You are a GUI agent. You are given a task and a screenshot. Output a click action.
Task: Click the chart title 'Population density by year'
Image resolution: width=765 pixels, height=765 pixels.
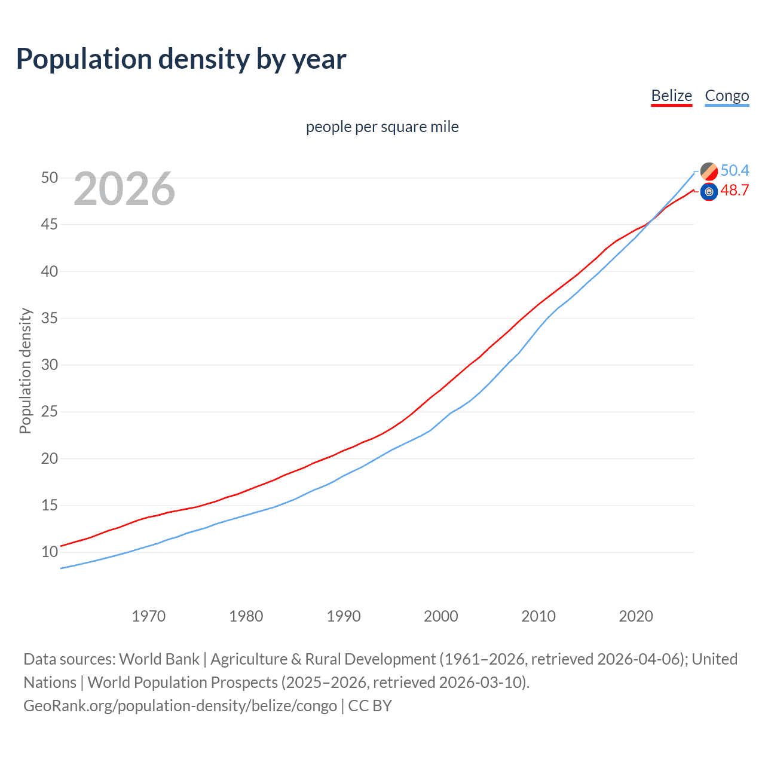pos(181,59)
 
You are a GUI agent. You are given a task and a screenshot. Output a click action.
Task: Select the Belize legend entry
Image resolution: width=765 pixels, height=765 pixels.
pos(671,96)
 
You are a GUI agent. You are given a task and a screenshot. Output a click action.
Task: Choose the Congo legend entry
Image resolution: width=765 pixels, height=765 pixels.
pos(727,96)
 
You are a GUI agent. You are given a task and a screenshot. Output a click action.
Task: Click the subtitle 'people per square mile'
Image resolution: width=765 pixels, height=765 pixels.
pos(382,127)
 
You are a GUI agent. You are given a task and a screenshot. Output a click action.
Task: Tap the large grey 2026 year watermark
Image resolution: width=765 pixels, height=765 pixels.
pos(124,189)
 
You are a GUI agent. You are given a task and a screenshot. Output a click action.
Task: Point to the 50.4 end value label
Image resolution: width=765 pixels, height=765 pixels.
pos(735,170)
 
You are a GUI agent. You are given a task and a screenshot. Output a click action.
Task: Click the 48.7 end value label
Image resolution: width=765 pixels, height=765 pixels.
pos(735,190)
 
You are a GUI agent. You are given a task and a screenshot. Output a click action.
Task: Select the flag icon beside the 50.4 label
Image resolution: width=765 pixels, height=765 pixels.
pos(709,171)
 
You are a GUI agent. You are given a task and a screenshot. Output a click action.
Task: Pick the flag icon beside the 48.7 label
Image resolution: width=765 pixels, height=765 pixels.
pos(709,192)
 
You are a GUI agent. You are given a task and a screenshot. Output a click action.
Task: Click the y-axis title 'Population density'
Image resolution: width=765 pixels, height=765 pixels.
pos(25,371)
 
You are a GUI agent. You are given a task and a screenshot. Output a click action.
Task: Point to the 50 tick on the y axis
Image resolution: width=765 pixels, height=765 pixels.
pos(50,178)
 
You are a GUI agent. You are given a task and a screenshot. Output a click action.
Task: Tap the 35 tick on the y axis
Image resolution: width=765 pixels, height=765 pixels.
pos(50,318)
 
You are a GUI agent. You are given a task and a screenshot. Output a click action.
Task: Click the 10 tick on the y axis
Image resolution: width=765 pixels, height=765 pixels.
pos(50,552)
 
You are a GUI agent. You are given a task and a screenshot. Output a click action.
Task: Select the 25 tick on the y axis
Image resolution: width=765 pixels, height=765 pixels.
pos(50,411)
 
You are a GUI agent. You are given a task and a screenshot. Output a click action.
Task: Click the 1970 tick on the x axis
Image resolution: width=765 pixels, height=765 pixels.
pos(148,616)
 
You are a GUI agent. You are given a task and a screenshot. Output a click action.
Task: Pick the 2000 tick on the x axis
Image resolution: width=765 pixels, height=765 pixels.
pos(440,616)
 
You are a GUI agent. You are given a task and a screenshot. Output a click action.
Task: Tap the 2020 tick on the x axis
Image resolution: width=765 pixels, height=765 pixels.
pos(635,616)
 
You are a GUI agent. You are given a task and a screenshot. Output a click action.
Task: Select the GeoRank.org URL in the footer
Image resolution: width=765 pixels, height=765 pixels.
pos(180,706)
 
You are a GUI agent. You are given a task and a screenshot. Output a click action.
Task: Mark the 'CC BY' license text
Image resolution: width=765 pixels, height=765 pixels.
pos(370,706)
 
